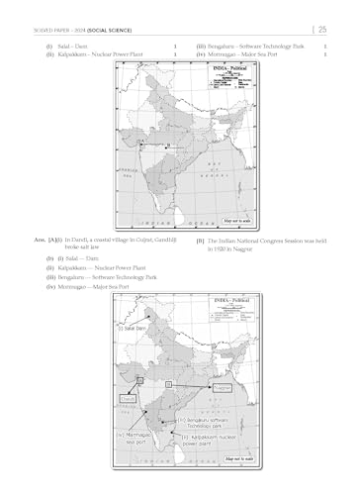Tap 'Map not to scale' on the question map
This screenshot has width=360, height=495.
(x=240, y=222)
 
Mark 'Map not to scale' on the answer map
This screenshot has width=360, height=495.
(x=241, y=458)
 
